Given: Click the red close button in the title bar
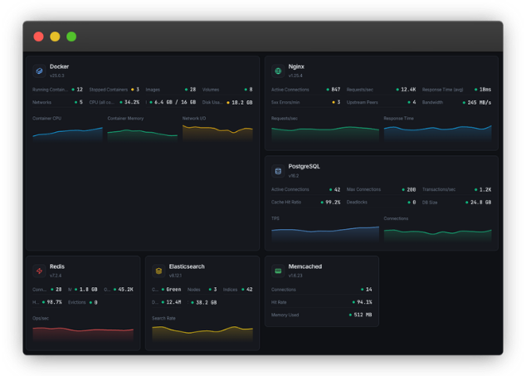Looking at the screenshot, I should pos(38,37).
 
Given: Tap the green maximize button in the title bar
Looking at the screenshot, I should pos(71,37).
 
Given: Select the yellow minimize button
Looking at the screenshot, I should pos(55,37).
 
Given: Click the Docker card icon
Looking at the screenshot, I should pos(38,71).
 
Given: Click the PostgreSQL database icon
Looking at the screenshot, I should pos(278,171).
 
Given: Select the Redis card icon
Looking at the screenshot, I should pos(38,271).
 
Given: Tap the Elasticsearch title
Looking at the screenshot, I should pos(186,266).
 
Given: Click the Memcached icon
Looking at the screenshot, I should pos(278,271).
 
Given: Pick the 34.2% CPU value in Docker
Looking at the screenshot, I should pos(131,102).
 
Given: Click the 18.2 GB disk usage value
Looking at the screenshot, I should pos(241,102).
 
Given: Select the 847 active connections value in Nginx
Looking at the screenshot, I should pos(335,89).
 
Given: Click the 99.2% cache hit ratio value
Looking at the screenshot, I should pos(333,202).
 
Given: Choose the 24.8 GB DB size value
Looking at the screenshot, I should pos(480,202).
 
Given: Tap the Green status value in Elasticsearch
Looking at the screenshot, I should pos(173,290).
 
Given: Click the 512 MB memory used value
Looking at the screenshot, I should pos(363,315).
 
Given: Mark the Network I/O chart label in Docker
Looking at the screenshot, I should pos(194,118).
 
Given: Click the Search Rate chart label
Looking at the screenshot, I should pos(163,318).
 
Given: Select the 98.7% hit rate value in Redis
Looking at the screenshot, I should pos(54,302).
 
